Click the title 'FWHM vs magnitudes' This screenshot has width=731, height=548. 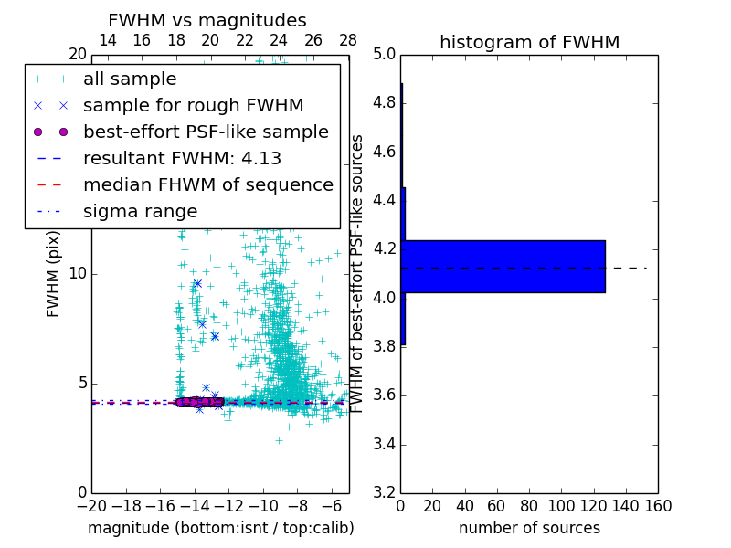[207, 21]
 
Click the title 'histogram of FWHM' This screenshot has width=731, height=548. [529, 42]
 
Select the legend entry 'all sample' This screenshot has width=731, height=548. [130, 79]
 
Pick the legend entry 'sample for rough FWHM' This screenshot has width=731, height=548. [193, 105]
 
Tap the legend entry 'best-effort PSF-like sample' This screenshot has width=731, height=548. [206, 132]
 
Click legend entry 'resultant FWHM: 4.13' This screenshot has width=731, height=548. [182, 158]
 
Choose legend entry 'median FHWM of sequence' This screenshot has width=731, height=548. [207, 184]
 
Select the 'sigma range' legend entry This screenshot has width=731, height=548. [140, 211]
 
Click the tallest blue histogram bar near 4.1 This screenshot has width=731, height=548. [503, 266]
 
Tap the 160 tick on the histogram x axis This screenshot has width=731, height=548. [658, 506]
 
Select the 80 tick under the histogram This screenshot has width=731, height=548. [529, 506]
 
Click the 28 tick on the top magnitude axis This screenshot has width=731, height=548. [348, 40]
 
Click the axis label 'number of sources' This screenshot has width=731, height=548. [529, 528]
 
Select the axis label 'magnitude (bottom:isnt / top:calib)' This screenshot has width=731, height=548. [220, 528]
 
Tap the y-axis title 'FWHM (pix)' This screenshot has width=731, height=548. [54, 273]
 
